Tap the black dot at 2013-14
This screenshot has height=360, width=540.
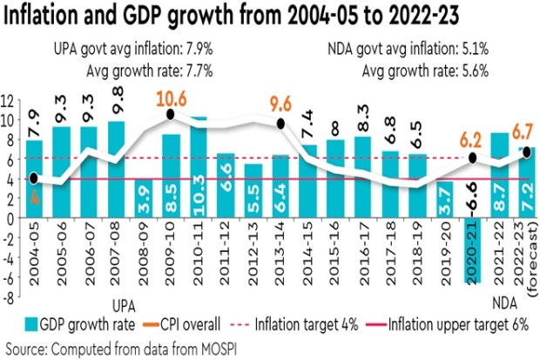click(281, 125)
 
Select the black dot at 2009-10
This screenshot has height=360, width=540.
click(172, 114)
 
